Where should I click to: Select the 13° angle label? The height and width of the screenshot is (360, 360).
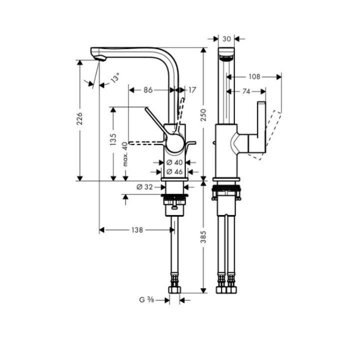click(x=115, y=78)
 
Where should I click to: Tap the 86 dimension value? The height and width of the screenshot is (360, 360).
click(x=148, y=90)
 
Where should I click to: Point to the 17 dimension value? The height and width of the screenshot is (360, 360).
click(x=192, y=90)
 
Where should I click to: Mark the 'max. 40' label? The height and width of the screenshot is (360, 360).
click(x=125, y=154)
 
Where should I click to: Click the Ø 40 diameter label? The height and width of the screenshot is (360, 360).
click(x=174, y=162)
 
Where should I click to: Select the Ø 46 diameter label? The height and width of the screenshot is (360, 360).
click(x=174, y=171)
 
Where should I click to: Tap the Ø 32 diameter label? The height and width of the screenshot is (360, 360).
click(x=144, y=187)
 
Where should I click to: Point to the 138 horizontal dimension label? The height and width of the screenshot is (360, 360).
click(x=137, y=230)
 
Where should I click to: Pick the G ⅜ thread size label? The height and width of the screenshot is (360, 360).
click(x=146, y=300)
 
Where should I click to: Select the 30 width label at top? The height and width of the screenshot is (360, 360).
click(x=227, y=38)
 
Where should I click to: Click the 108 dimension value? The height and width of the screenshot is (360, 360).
click(x=254, y=77)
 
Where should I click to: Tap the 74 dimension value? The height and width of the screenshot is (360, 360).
click(x=246, y=91)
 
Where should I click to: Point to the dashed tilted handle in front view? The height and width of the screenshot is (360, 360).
click(x=268, y=134)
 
